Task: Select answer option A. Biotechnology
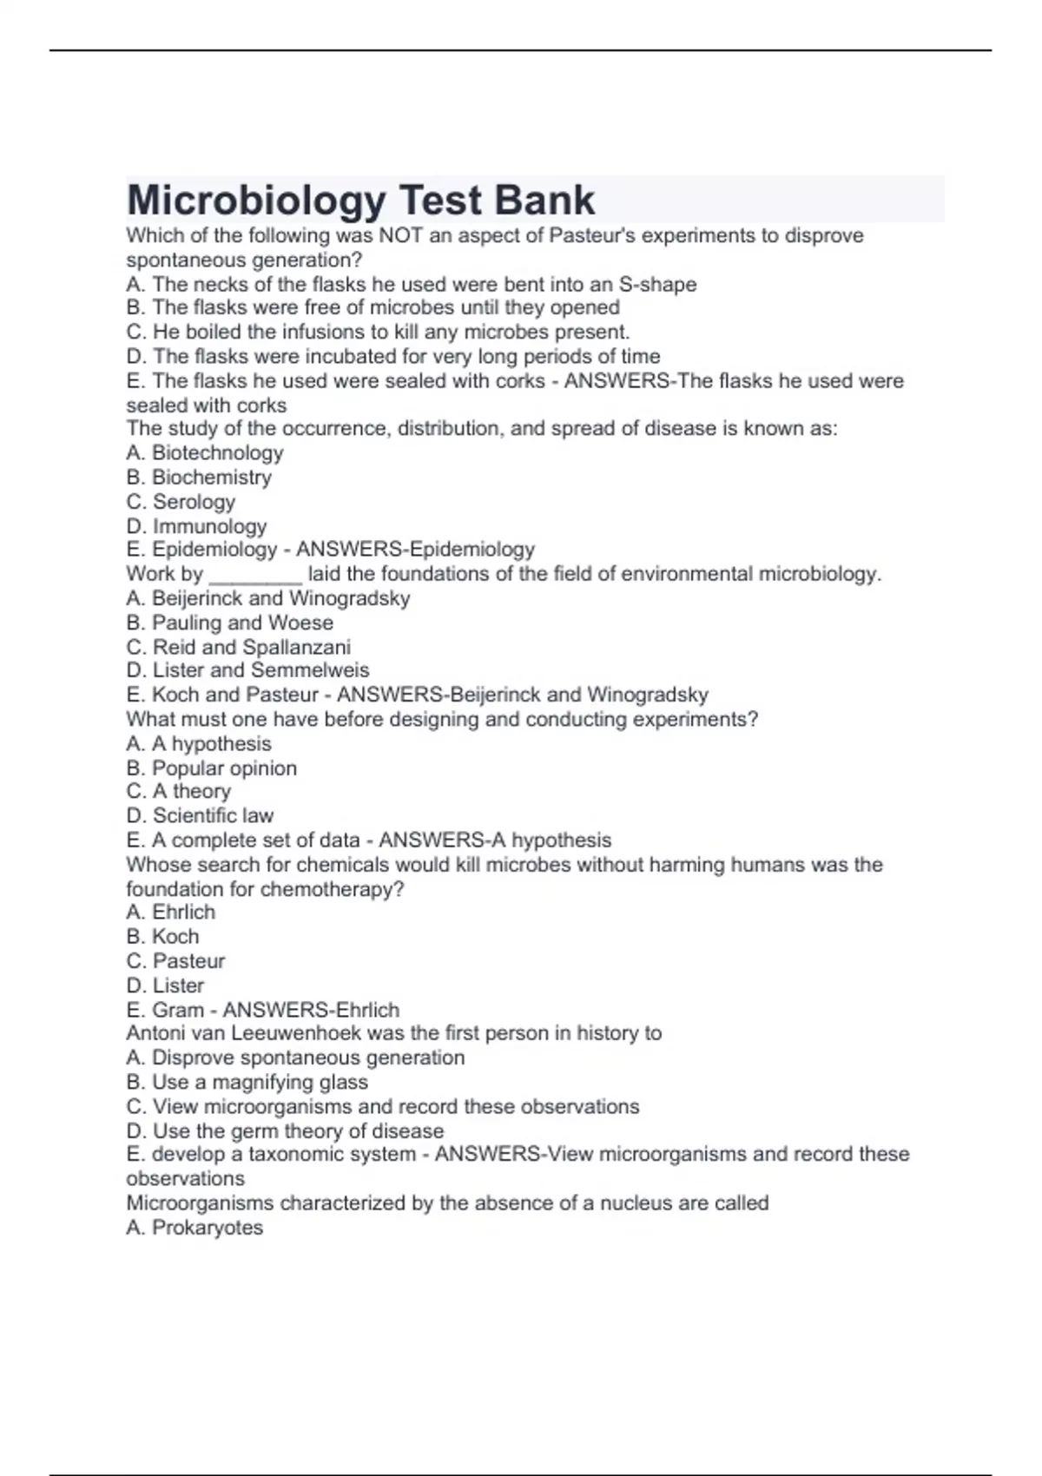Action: (205, 452)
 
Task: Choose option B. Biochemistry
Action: (199, 477)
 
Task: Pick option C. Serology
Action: (181, 501)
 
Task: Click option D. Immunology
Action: (196, 525)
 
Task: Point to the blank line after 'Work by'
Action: (255, 576)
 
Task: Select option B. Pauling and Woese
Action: (229, 623)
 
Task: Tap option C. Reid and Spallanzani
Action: (239, 647)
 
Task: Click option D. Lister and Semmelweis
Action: (247, 670)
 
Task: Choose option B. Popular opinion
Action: (211, 768)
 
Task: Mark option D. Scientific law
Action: (200, 815)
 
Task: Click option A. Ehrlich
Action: (171, 912)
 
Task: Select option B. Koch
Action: (162, 936)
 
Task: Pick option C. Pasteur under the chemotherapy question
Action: (175, 960)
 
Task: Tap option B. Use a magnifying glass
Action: (247, 1082)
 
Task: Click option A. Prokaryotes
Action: (195, 1227)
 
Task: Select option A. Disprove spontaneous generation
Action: (295, 1058)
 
